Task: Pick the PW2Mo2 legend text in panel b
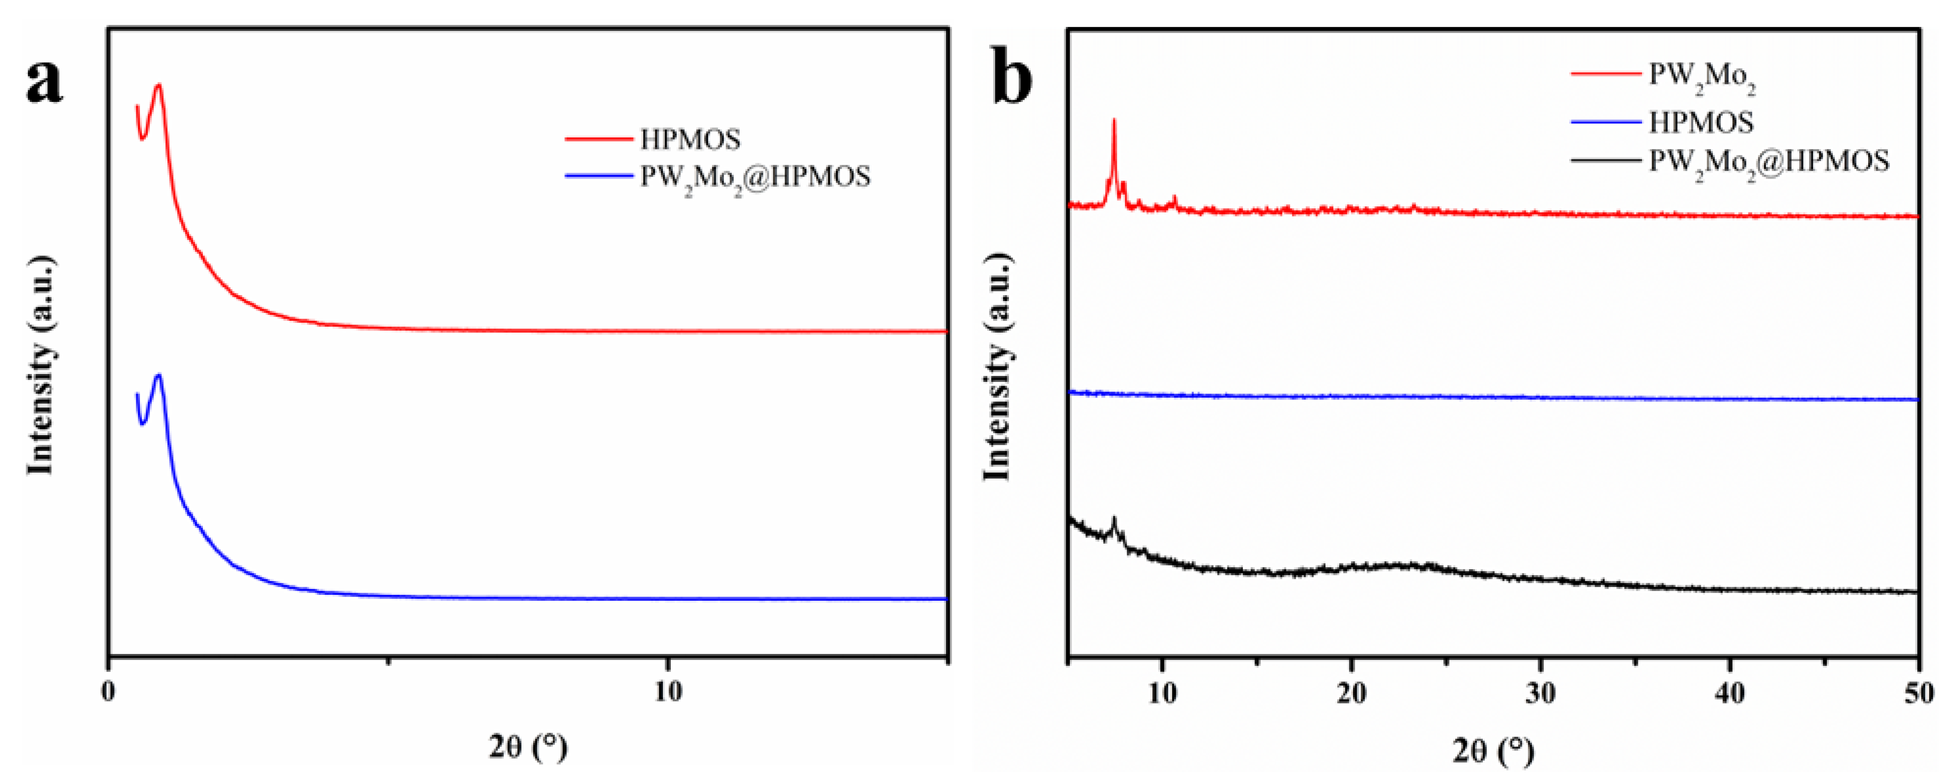coord(1701,76)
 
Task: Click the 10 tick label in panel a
coord(668,693)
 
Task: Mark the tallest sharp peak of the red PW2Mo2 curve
coord(1113,120)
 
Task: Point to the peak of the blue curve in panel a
coord(159,375)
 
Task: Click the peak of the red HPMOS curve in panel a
coord(159,85)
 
